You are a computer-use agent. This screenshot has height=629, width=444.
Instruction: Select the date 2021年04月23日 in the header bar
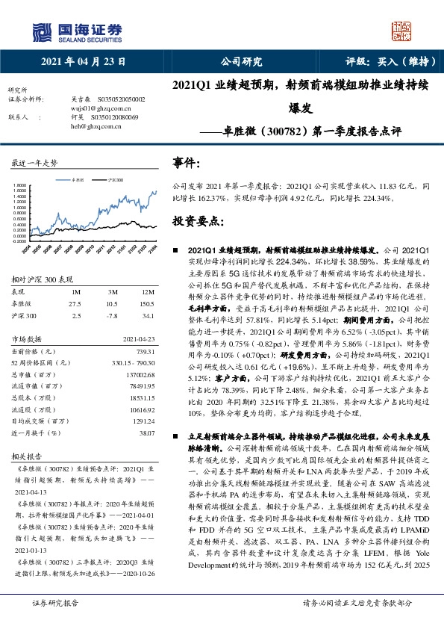pos(83,62)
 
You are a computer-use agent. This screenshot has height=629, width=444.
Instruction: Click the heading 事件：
pos(187,161)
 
